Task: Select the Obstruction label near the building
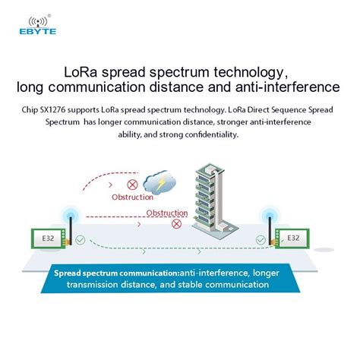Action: (x=166, y=213)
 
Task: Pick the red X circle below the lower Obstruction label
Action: (x=178, y=223)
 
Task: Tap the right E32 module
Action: (x=293, y=238)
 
